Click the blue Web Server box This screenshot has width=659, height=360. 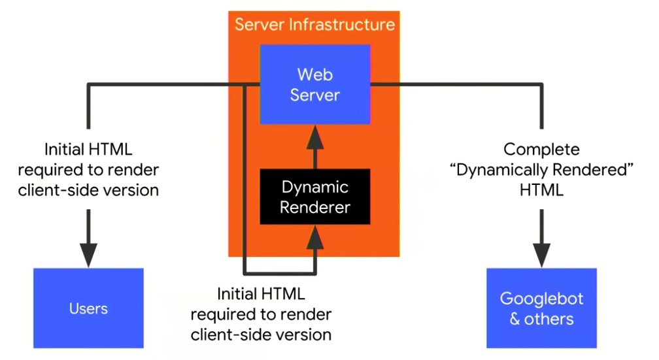315,84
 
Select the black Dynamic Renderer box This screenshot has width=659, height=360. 315,197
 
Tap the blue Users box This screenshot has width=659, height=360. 88,308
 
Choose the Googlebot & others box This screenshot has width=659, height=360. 541,308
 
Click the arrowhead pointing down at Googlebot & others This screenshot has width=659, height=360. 541,254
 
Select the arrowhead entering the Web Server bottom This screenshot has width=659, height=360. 316,136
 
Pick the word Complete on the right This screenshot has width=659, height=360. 541,150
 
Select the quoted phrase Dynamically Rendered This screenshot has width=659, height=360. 541,170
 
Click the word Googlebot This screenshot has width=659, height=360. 541,299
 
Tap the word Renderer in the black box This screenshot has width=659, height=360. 316,208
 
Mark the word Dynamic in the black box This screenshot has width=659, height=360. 316,187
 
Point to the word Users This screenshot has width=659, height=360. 88,308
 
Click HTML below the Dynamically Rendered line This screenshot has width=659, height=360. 541,190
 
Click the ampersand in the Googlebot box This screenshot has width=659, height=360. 515,319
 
